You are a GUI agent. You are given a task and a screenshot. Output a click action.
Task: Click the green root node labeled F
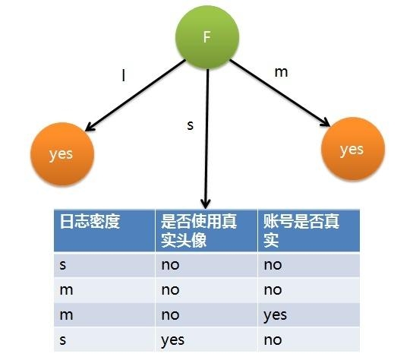pos(207,37)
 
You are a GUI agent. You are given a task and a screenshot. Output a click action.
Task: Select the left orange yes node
pos(62,154)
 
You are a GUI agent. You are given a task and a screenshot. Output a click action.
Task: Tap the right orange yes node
pos(353,149)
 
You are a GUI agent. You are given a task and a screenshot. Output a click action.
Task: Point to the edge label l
pos(124,75)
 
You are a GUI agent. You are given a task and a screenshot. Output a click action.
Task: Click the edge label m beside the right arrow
pos(281,72)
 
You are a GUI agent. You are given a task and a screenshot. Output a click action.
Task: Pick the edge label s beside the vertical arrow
pos(190,125)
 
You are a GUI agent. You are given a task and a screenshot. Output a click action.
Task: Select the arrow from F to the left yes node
pos(136,96)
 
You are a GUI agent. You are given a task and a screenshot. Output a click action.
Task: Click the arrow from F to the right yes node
pos(279,93)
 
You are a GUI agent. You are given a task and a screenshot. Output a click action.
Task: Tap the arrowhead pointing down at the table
pos(206,204)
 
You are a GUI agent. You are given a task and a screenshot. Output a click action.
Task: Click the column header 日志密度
pos(90,221)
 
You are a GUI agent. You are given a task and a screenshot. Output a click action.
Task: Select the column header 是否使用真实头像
pos(199,231)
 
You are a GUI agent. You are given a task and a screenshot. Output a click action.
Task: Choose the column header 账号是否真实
pos(301,231)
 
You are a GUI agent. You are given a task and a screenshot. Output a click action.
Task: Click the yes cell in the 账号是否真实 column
pos(276,315)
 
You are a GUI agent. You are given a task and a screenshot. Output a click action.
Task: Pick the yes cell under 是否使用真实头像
pos(173,340)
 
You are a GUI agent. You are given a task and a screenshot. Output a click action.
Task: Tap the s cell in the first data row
pos(63,265)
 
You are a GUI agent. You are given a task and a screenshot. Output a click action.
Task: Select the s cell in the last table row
pos(63,340)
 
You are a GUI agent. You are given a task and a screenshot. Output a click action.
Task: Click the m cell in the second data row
pos(66,290)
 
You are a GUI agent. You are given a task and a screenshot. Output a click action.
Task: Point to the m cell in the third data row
pos(66,315)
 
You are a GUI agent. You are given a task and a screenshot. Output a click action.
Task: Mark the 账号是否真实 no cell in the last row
pos(273,340)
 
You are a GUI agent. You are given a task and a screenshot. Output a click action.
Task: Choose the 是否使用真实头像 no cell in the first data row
pos(170,265)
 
